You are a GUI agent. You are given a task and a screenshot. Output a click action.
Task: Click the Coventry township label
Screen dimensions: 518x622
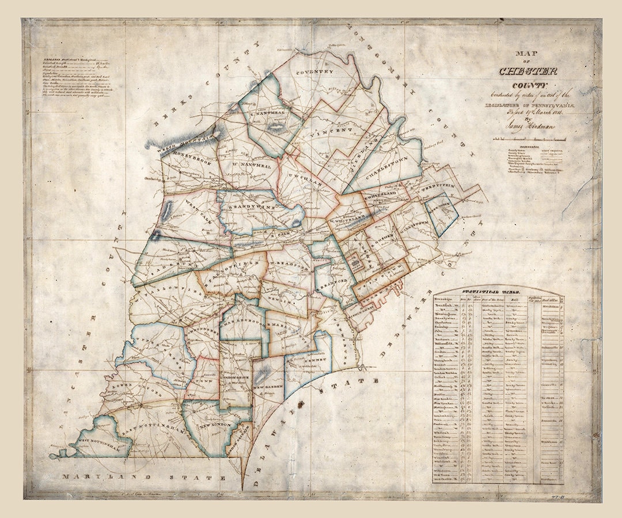click(314, 72)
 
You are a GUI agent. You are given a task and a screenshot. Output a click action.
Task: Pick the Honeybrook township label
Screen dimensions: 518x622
click(184, 162)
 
